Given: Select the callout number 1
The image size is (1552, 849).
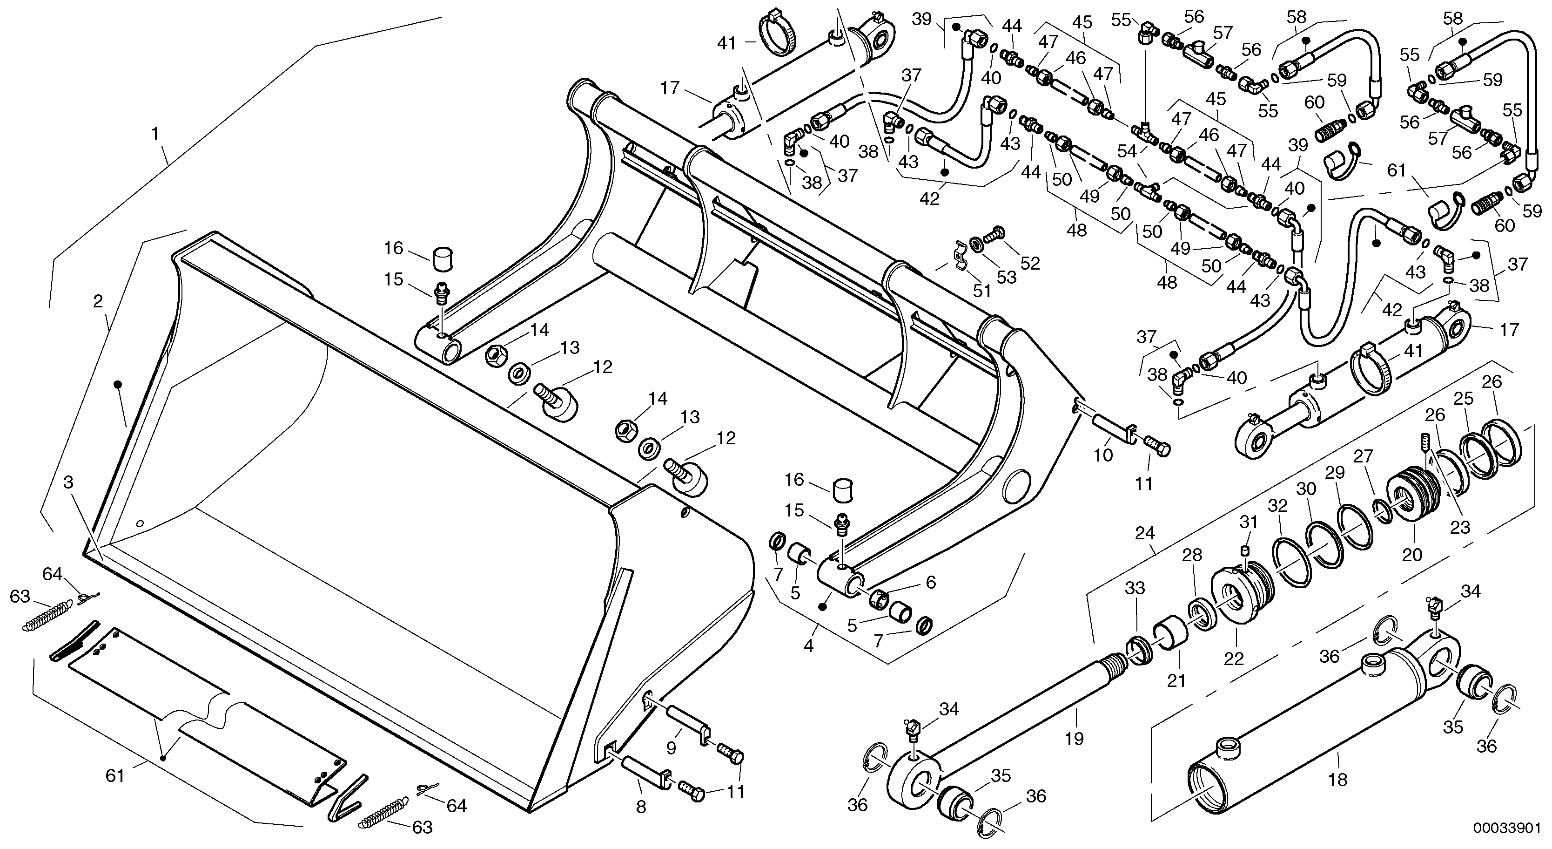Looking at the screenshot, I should click(155, 133).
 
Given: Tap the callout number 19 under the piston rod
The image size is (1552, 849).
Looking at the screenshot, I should click(1074, 738).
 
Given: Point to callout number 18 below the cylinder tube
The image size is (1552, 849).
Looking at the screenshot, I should click(1337, 780).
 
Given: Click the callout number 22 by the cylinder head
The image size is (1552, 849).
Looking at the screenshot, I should click(1234, 659).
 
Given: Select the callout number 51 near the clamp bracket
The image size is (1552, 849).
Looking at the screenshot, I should click(982, 291).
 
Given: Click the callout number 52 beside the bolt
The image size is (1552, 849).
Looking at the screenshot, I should click(1030, 263).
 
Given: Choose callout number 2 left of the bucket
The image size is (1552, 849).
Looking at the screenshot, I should click(98, 301).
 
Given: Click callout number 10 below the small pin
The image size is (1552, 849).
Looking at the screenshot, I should click(1103, 455).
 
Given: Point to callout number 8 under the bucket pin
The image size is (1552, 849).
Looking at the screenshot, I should click(641, 807).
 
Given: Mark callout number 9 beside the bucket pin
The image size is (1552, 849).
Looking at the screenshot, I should click(671, 747).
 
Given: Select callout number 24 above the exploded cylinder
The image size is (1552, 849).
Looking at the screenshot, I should click(1145, 533).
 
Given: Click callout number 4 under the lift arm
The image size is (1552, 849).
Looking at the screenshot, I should click(808, 646).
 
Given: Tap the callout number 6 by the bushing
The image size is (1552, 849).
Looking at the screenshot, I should click(931, 582).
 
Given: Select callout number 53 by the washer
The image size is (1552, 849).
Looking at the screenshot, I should click(1007, 278).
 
